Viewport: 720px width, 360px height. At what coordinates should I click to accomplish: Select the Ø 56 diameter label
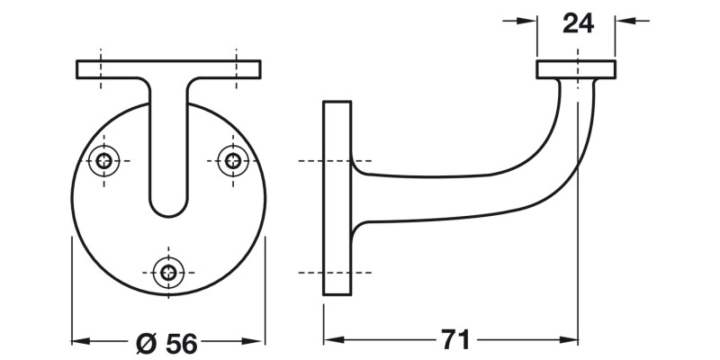(x=166, y=342)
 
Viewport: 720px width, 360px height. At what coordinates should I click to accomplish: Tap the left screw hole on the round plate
(x=107, y=161)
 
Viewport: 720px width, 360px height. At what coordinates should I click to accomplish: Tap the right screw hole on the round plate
(x=234, y=161)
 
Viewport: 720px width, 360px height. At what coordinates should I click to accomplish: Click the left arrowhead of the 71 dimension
(x=330, y=340)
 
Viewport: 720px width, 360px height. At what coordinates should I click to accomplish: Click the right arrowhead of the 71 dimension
(x=570, y=340)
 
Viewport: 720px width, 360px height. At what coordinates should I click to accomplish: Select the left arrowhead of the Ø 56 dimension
(x=78, y=341)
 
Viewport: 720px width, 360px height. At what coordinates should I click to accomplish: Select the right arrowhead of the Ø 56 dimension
(x=257, y=341)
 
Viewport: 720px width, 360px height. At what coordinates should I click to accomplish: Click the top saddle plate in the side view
(x=576, y=69)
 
